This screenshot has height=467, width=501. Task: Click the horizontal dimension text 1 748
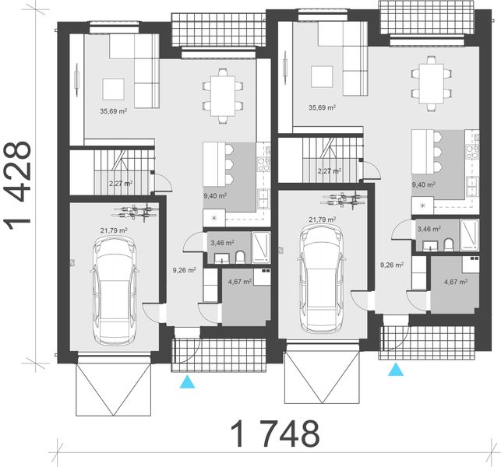275,432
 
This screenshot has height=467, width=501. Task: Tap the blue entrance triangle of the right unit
397,369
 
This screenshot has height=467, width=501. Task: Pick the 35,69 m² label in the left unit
114,111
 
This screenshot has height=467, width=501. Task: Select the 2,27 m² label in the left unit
120,184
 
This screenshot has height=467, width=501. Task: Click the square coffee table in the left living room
113,86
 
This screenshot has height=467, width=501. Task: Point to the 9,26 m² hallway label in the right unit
392,265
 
